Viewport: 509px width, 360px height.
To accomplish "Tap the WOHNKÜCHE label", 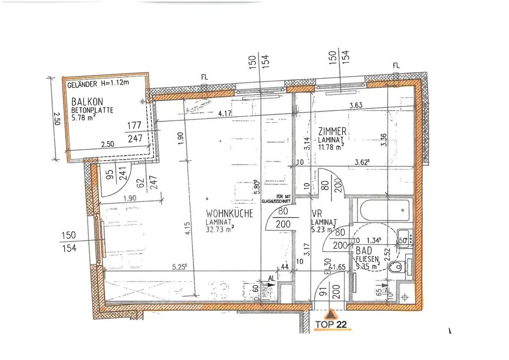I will (230, 213).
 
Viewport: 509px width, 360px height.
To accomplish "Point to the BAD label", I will (363, 251).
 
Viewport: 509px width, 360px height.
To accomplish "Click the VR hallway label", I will (316, 213).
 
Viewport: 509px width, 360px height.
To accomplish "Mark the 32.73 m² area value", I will (220, 229).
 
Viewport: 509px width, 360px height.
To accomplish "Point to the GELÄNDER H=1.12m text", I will (98, 84).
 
